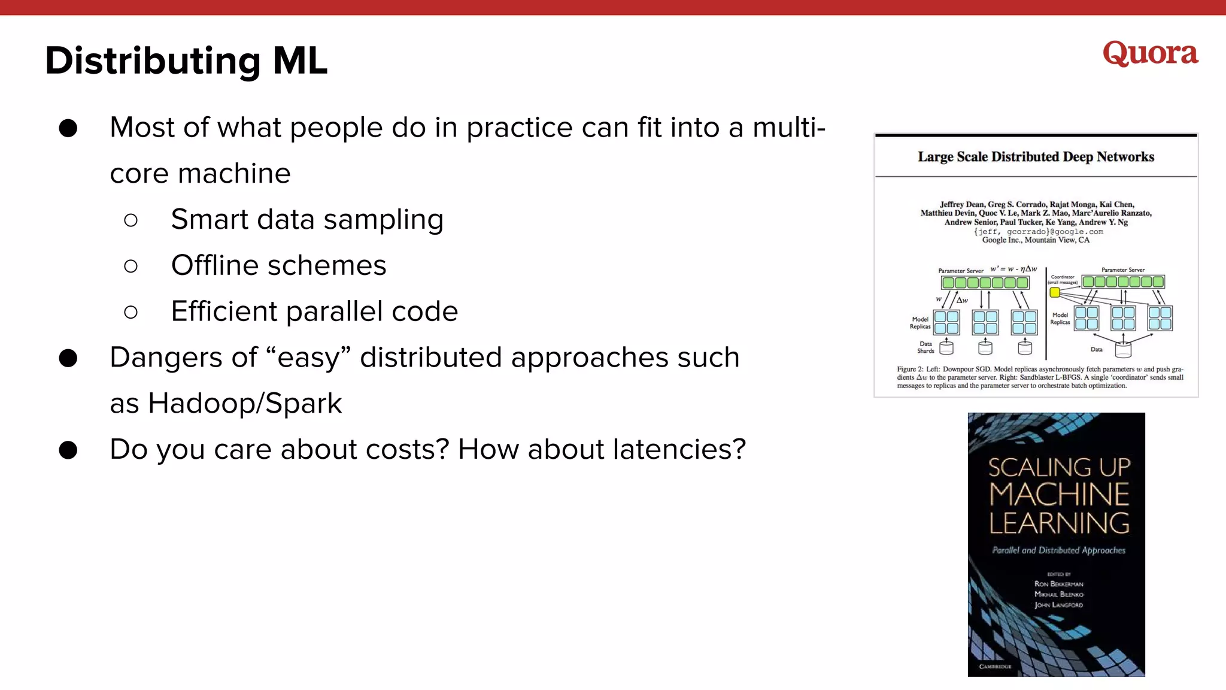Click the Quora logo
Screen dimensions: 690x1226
(x=1150, y=54)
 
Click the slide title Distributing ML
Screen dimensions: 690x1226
(x=186, y=61)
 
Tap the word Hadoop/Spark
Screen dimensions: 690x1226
(x=245, y=403)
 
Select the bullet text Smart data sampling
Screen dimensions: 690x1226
(x=307, y=219)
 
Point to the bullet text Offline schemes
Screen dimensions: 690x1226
(x=278, y=265)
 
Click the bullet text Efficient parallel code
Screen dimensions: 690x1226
(x=314, y=311)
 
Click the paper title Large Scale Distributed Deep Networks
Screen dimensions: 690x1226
(x=1036, y=157)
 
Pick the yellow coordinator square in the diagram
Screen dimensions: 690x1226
(x=1055, y=292)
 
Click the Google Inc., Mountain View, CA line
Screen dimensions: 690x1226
(x=1036, y=240)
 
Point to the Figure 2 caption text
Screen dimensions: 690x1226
(x=1040, y=377)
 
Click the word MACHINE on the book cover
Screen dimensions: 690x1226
(x=1059, y=495)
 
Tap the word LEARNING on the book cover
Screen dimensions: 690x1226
(x=1059, y=523)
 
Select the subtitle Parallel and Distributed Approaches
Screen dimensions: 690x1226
(x=1058, y=550)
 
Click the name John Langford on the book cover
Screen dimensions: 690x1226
(x=1058, y=605)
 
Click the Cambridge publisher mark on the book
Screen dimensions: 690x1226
(x=995, y=666)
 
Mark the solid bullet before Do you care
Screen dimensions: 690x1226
(x=68, y=450)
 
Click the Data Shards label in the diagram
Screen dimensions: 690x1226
(x=925, y=347)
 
